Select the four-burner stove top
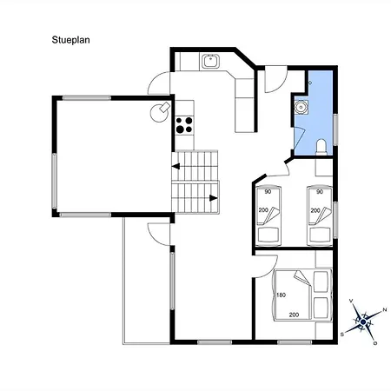pyautogui.click(x=184, y=123)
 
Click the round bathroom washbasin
pyautogui.click(x=301, y=107)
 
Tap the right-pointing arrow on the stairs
pyautogui.click(x=213, y=198)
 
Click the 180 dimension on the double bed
pyautogui.click(x=281, y=295)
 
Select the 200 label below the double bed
pyautogui.click(x=294, y=314)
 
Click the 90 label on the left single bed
pyautogui.click(x=268, y=191)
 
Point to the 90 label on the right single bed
pyautogui.click(x=320, y=191)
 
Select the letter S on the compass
pyautogui.click(x=342, y=333)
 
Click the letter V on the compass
pyautogui.click(x=351, y=301)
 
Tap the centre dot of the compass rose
pyautogui.click(x=363, y=321)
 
